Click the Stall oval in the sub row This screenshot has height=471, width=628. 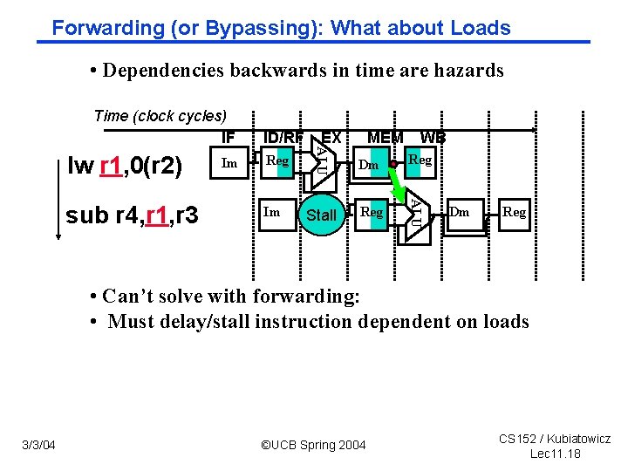[x=321, y=215]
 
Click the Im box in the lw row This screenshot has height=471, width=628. [x=229, y=163]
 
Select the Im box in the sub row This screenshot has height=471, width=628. [x=272, y=212]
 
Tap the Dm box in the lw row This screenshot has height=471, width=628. [x=370, y=164]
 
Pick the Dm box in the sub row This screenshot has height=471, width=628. [x=460, y=212]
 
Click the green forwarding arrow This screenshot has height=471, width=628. [x=402, y=182]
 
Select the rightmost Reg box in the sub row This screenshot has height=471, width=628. [x=515, y=212]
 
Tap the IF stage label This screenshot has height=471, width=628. [x=229, y=137]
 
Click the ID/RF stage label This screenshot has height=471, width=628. [x=283, y=137]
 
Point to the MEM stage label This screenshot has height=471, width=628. [x=385, y=137]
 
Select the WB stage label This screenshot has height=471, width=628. [x=433, y=137]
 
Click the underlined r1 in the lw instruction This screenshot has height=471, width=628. [x=111, y=166]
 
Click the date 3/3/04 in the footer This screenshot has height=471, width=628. [x=38, y=446]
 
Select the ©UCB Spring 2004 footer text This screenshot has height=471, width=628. [x=314, y=446]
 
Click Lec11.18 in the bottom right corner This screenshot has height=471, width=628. [x=556, y=454]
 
